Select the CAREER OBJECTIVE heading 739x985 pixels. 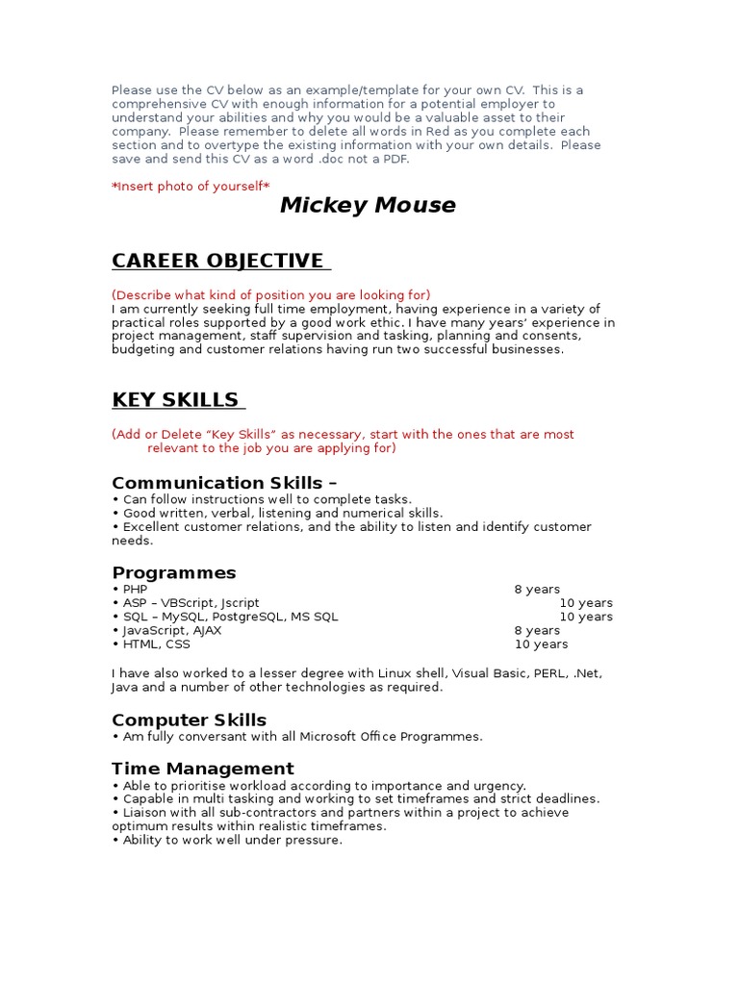pyautogui.click(x=220, y=261)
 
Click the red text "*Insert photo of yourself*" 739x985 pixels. pyautogui.click(x=191, y=186)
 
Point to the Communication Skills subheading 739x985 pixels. pyautogui.click(x=224, y=483)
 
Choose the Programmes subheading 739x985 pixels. pyautogui.click(x=173, y=573)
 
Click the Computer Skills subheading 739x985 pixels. pyautogui.click(x=189, y=720)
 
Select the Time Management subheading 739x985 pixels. pyautogui.click(x=202, y=769)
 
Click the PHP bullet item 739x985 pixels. pyautogui.click(x=135, y=590)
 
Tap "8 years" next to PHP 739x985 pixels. pyautogui.click(x=537, y=590)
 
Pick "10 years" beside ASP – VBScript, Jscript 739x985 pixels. pyautogui.click(x=586, y=603)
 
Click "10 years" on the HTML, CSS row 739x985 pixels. pyautogui.click(x=541, y=644)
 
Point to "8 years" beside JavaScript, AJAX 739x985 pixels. pyautogui.click(x=537, y=631)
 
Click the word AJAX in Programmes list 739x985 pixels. pyautogui.click(x=207, y=631)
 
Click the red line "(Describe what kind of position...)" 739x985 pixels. pyautogui.click(x=270, y=294)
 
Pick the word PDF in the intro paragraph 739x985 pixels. pyautogui.click(x=394, y=159)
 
